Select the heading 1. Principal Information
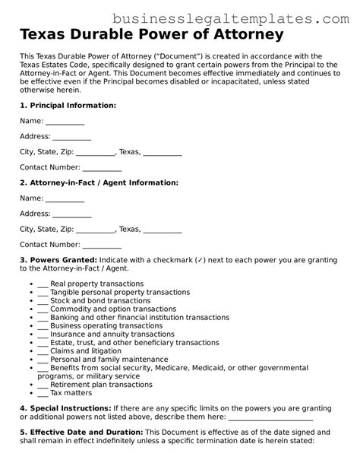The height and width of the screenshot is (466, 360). pyautogui.click(x=68, y=105)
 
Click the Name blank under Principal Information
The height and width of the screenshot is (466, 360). pyautogui.click(x=65, y=121)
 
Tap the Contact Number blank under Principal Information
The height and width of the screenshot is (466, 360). pyautogui.click(x=102, y=167)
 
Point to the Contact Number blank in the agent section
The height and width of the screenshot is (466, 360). pyautogui.click(x=102, y=245)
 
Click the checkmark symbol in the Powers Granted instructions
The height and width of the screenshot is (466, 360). pyautogui.click(x=200, y=260)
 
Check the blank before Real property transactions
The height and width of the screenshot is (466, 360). pyautogui.click(x=42, y=283)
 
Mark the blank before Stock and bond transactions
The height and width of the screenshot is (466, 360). pyautogui.click(x=42, y=300)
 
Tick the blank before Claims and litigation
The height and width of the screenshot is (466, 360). pyautogui.click(x=42, y=350)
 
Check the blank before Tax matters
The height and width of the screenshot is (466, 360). pyautogui.click(x=42, y=392)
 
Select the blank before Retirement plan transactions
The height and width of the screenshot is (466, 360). pyautogui.click(x=42, y=384)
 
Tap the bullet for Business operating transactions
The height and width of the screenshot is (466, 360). pyautogui.click(x=31, y=325)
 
